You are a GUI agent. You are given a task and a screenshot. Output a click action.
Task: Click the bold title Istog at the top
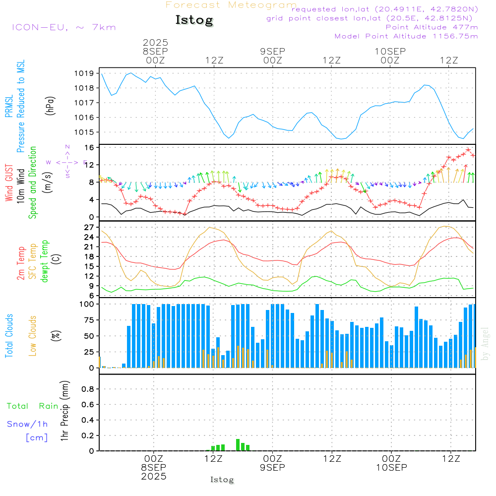click(194, 20)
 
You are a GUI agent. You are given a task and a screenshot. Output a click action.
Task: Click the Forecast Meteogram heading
click(231, 5)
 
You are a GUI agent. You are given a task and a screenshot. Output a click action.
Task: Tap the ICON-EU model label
click(63, 27)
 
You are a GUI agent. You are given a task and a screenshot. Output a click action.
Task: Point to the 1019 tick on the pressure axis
click(86, 73)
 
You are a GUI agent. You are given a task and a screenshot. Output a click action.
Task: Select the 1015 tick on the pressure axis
click(86, 132)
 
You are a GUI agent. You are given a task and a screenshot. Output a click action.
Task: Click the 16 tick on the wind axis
click(89, 148)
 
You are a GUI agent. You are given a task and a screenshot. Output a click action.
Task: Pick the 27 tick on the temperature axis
click(89, 228)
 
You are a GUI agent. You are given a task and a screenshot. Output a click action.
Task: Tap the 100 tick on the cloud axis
click(87, 305)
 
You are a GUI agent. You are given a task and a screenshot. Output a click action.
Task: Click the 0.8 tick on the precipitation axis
click(88, 389)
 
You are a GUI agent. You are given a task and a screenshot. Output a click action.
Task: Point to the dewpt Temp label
click(45, 261)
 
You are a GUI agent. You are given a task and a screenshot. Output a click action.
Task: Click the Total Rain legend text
click(33, 406)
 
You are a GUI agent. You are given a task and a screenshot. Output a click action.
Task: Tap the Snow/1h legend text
click(28, 424)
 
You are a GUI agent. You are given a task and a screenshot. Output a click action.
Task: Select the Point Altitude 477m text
click(432, 27)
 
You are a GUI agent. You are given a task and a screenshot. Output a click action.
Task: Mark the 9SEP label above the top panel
click(272, 51)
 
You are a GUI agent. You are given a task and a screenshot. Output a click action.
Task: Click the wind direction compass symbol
click(67, 162)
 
